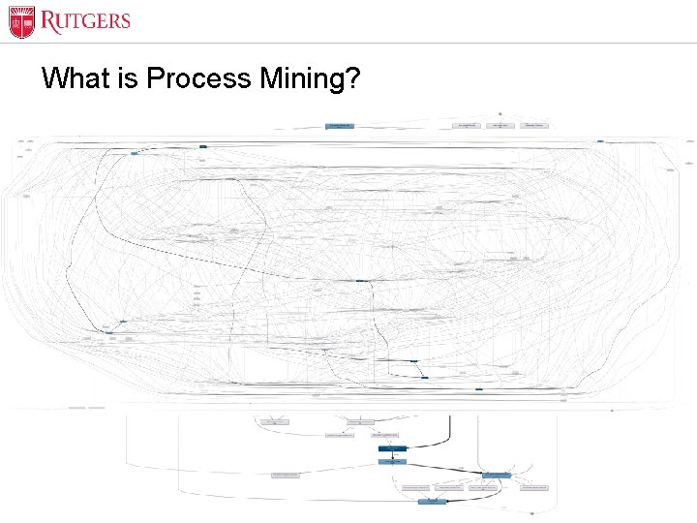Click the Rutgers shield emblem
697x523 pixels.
pos(22,21)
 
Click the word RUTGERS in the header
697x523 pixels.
pos(85,20)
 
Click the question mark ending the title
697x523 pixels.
pos(352,78)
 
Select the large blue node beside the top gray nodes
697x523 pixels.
pos(339,126)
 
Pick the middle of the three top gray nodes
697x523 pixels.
pos(500,126)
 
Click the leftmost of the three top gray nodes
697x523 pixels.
pos(466,126)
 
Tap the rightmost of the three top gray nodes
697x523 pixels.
pos(533,126)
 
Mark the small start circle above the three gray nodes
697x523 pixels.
pos(500,113)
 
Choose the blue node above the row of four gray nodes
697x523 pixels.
pos(496,475)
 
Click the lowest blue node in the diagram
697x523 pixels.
pos(432,502)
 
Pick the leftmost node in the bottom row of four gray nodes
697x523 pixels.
pos(416,487)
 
